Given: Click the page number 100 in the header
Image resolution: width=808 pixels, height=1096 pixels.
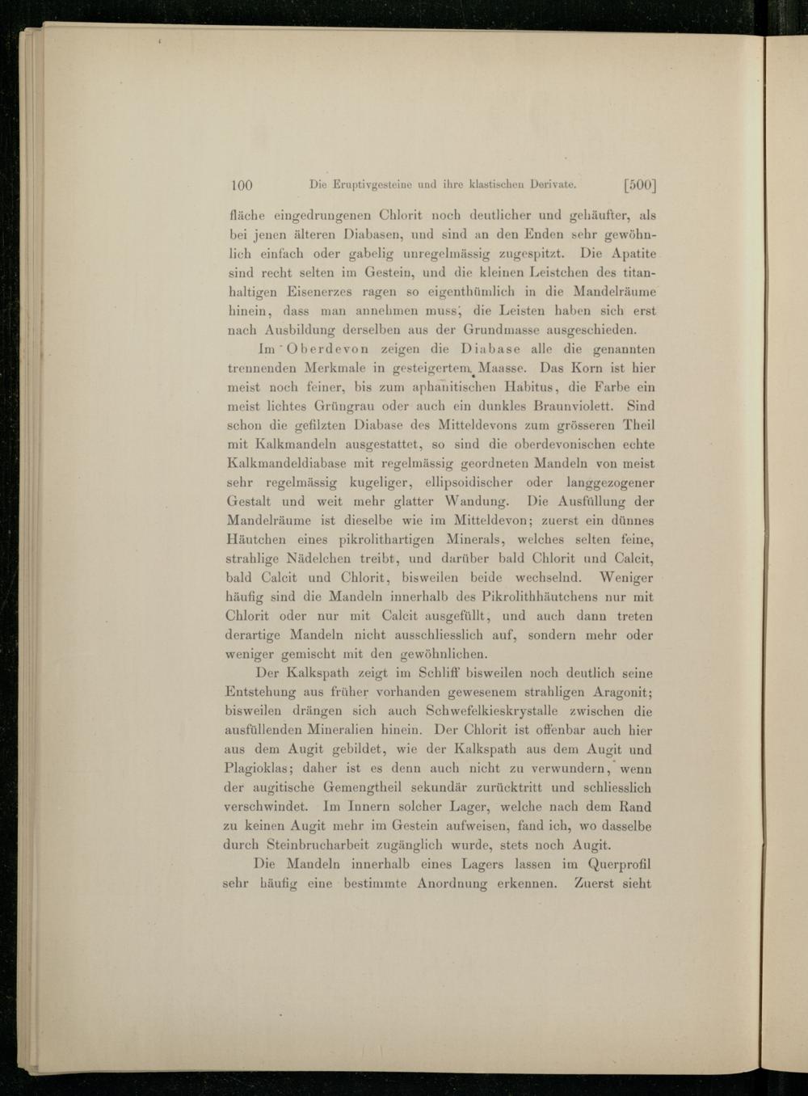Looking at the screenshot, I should pos(242,185).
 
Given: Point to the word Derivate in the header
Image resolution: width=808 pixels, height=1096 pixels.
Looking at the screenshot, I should pos(552,185).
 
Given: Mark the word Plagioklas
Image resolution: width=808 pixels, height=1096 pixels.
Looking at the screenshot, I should pos(258,769).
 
